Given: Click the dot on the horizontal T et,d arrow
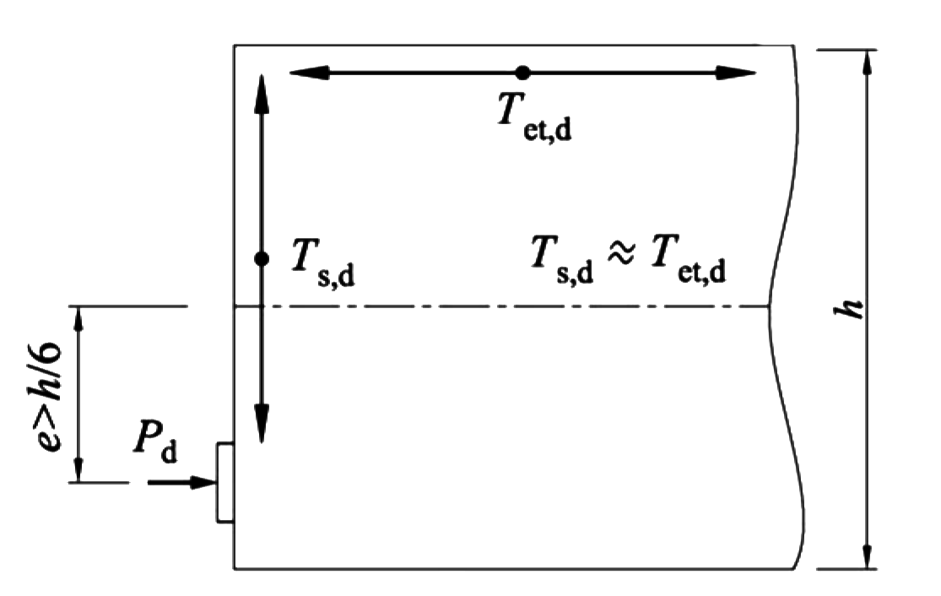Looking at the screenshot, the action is pyautogui.click(x=522, y=73).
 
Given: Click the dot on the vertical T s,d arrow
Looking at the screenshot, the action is pyautogui.click(x=262, y=258).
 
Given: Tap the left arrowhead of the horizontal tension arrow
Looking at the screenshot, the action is pyautogui.click(x=309, y=73).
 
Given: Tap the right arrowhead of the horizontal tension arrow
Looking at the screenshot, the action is pyautogui.click(x=736, y=73).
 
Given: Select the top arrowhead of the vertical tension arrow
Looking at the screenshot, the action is pyautogui.click(x=262, y=94).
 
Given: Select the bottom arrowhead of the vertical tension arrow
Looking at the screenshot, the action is pyautogui.click(x=262, y=424).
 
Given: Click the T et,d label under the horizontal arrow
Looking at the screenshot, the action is pyautogui.click(x=535, y=119).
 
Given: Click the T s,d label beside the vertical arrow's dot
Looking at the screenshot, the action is pyautogui.click(x=323, y=263).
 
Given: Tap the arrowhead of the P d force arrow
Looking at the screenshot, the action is pyautogui.click(x=203, y=482).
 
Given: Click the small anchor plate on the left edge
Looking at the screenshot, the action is pyautogui.click(x=225, y=483).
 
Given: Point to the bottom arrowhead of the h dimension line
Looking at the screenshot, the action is pyautogui.click(x=866, y=556).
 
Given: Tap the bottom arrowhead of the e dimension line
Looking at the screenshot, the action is pyautogui.click(x=78, y=470).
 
